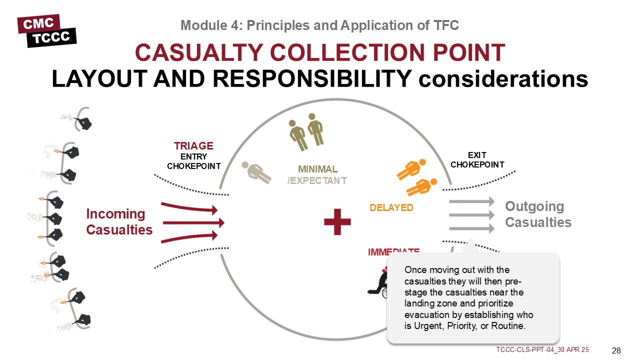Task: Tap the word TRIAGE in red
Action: pyautogui.click(x=193, y=146)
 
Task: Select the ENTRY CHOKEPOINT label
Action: pyautogui.click(x=193, y=161)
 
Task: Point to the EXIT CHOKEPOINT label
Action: pyautogui.click(x=477, y=160)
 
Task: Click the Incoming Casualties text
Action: pyautogui.click(x=119, y=222)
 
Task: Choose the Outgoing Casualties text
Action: pyautogui.click(x=537, y=214)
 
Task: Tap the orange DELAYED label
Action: pyautogui.click(x=391, y=207)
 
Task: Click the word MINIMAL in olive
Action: pyautogui.click(x=317, y=169)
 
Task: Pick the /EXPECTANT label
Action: pyautogui.click(x=316, y=180)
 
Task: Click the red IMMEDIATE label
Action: pyautogui.click(x=393, y=251)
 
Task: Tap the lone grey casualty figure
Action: pyautogui.click(x=256, y=171)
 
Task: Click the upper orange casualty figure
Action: pyautogui.click(x=411, y=169)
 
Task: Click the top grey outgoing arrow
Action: pyautogui.click(x=471, y=201)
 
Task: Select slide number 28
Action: pyautogui.click(x=616, y=349)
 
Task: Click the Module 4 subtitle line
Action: pyautogui.click(x=319, y=25)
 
